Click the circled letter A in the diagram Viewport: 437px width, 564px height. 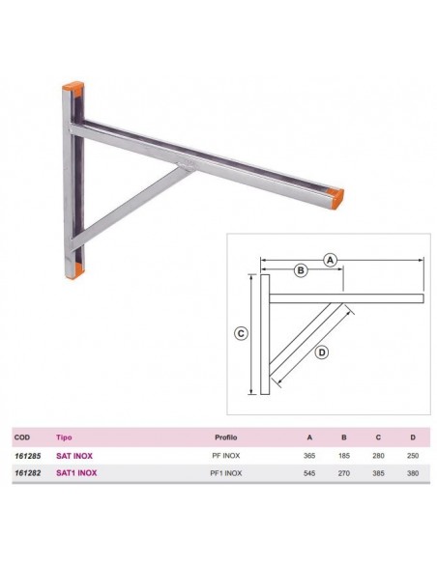coord(330,260)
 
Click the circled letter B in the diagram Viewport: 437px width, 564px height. coord(301,271)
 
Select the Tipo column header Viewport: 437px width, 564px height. coord(64,436)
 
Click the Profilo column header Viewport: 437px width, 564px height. coord(226,436)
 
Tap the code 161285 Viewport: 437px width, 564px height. coord(28,455)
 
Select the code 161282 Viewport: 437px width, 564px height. coord(28,473)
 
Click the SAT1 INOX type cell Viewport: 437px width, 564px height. coord(76,473)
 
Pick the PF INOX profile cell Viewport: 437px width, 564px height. coord(226,455)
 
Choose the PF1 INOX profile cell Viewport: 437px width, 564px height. coord(226,473)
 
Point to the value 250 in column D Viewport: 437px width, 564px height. coord(412,455)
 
